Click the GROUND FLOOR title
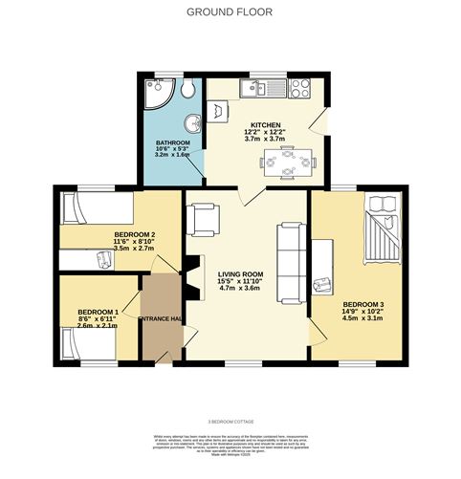click(230, 12)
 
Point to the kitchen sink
click(257, 89)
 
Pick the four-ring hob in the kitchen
click(298, 89)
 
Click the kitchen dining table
click(288, 164)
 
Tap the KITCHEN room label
click(265, 126)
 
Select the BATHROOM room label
click(173, 143)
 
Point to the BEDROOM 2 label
click(135, 234)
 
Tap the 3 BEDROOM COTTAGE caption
click(230, 421)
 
